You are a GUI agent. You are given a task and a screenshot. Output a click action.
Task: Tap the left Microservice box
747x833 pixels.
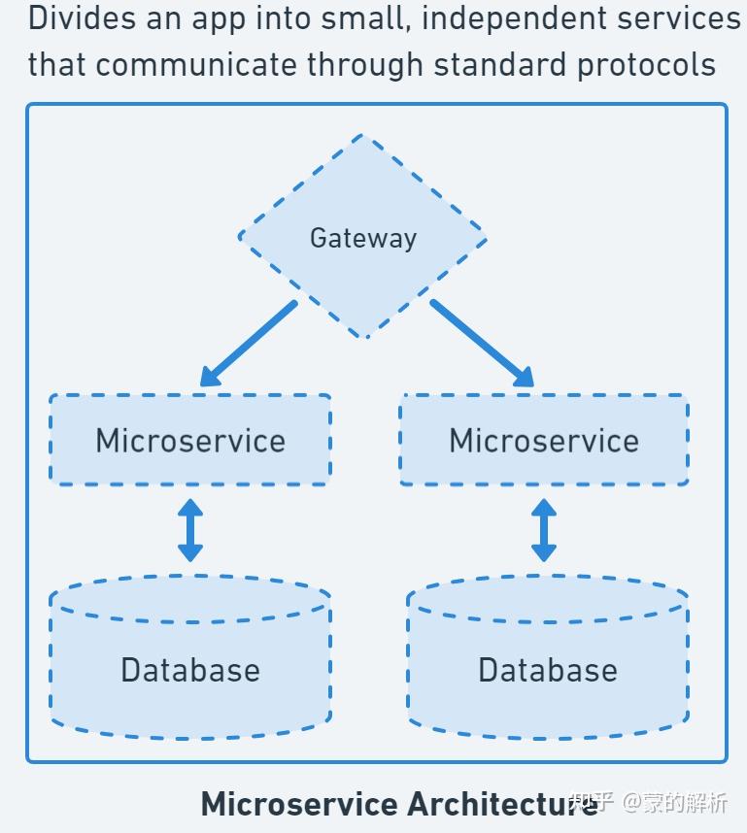pyautogui.click(x=190, y=440)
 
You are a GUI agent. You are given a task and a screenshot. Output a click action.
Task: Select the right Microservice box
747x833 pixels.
pyautogui.click(x=544, y=440)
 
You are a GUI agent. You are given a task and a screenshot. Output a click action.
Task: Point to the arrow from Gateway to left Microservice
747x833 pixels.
pyautogui.click(x=249, y=344)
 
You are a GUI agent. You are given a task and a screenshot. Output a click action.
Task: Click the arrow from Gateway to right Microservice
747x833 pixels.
pyautogui.click(x=482, y=344)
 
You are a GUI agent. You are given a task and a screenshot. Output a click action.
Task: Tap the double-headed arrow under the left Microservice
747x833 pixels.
pyautogui.click(x=190, y=530)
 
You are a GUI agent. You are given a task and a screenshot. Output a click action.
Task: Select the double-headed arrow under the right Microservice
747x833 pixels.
pyautogui.click(x=544, y=530)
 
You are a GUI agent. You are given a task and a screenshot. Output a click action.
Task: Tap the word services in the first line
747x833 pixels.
pyautogui.click(x=686, y=18)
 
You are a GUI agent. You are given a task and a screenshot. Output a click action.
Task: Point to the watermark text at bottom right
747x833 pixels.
pyautogui.click(x=649, y=803)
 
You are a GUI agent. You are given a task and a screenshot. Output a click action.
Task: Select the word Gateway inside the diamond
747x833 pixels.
pyautogui.click(x=362, y=238)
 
